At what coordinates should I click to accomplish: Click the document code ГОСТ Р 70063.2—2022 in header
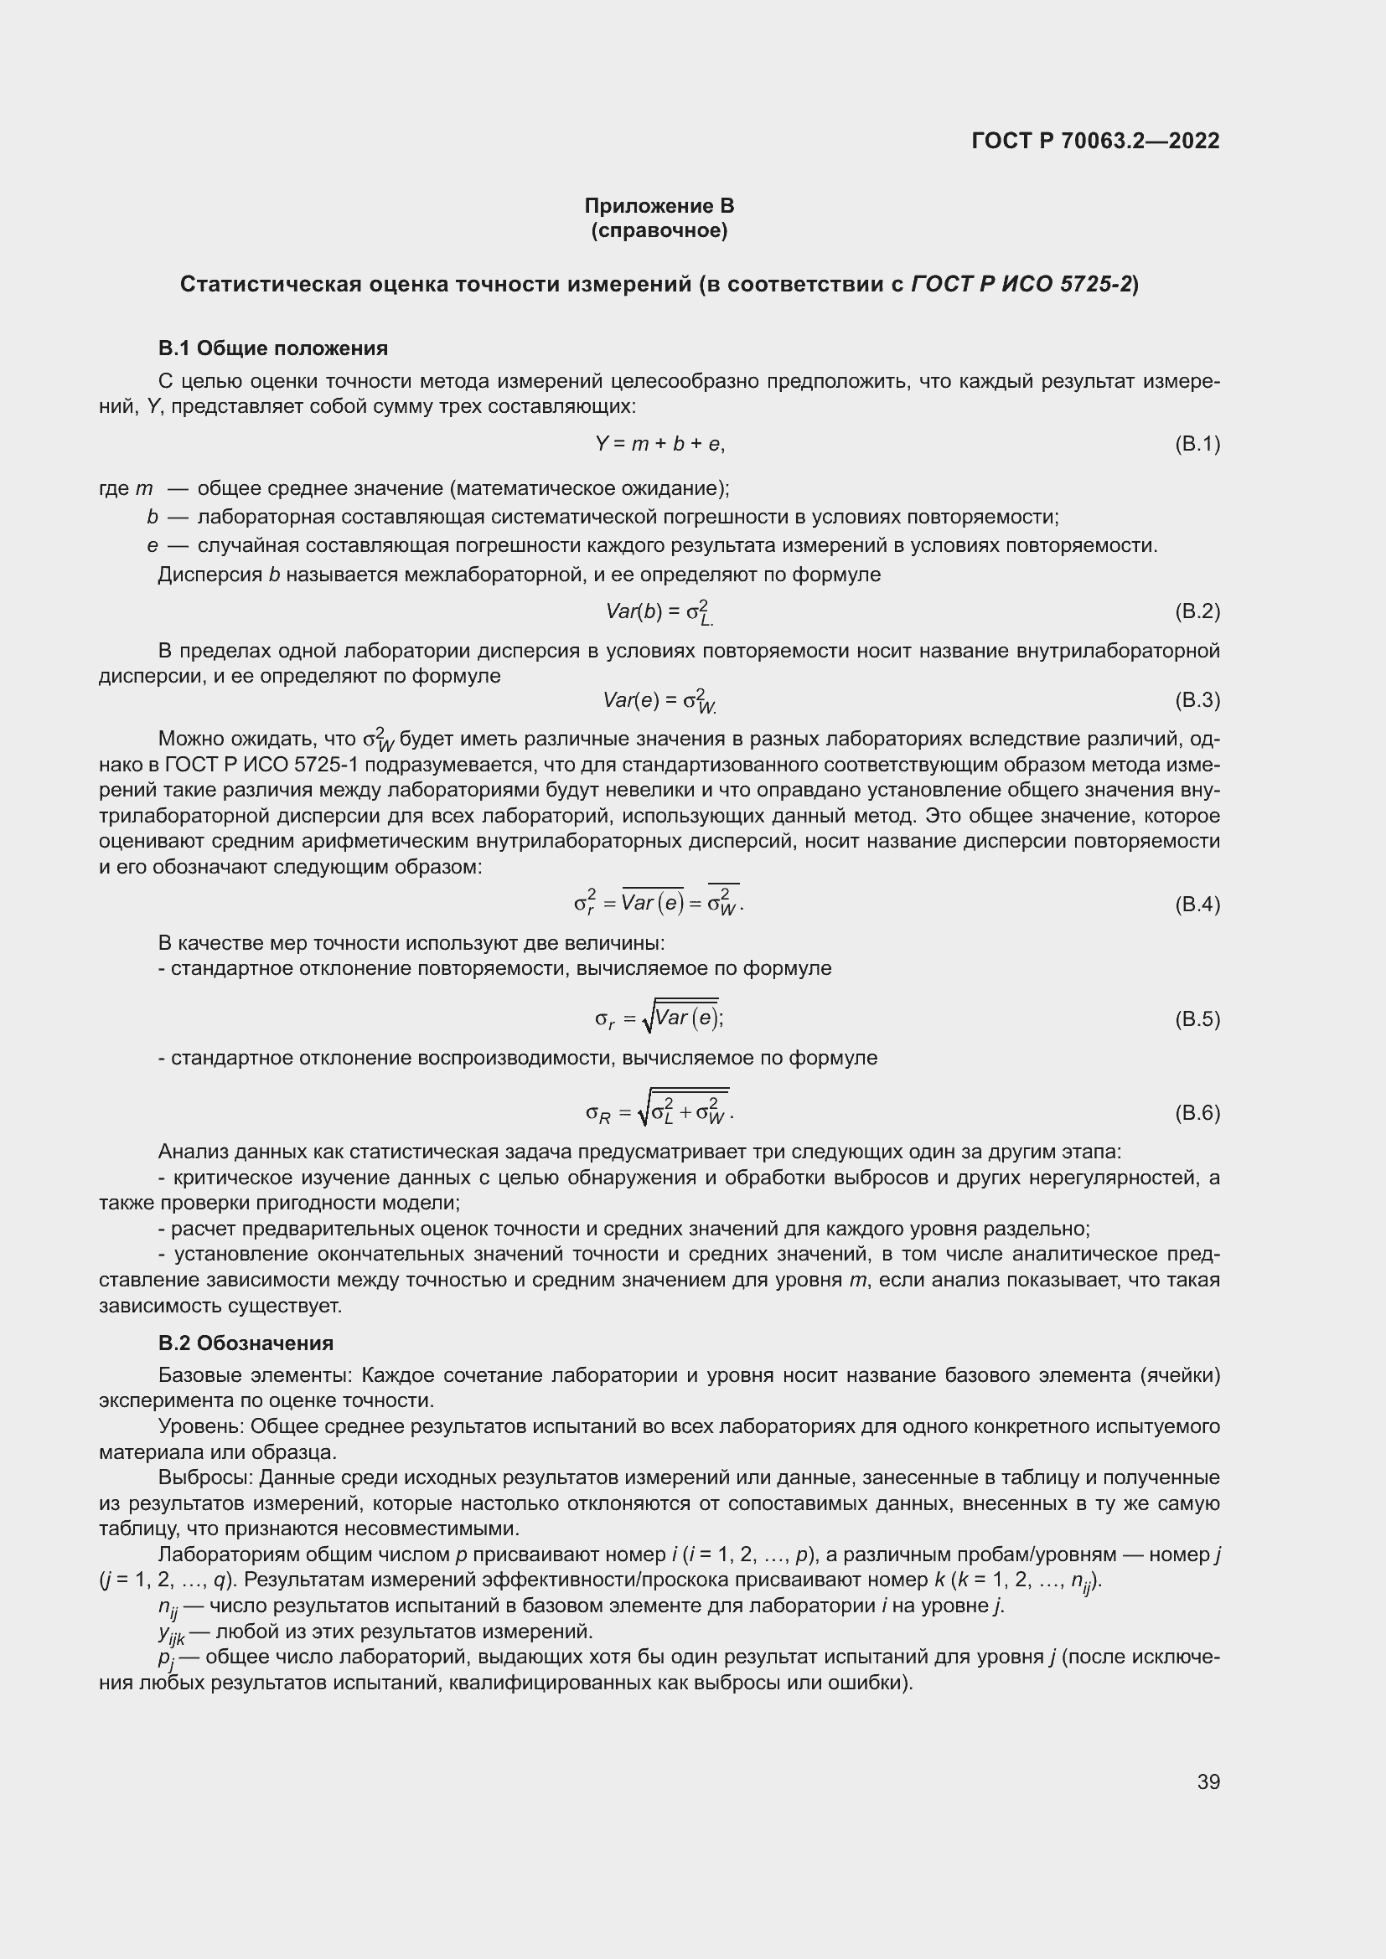point(1095,141)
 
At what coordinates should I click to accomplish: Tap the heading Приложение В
point(659,206)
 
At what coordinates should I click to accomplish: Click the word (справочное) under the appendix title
point(659,230)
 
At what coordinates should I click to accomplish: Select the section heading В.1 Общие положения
point(272,348)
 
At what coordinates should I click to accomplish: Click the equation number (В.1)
point(1197,444)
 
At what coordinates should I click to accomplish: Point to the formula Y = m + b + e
point(659,444)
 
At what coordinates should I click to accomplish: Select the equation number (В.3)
point(1197,700)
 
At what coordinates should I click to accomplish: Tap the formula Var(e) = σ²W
point(659,700)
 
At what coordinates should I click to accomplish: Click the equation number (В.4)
point(1197,905)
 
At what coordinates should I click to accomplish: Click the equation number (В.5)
point(1197,1018)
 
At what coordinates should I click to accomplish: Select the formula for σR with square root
point(659,1111)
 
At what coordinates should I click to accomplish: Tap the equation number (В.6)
point(1197,1112)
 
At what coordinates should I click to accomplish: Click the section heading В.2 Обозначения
point(246,1343)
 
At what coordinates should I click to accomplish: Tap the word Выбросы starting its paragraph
point(204,1477)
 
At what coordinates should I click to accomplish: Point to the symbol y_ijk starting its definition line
point(171,1633)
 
